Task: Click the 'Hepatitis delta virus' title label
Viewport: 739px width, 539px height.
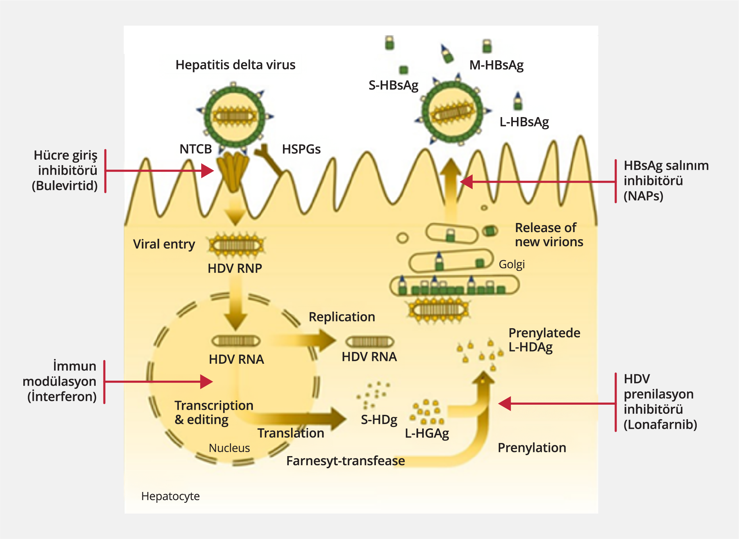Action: (x=235, y=65)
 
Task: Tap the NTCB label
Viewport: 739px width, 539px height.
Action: (x=195, y=149)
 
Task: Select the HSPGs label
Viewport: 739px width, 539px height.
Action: (x=301, y=149)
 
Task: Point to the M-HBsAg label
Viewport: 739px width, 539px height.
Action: (x=496, y=65)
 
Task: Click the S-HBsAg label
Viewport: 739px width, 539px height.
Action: (x=393, y=85)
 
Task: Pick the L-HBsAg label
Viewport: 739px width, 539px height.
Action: (x=524, y=122)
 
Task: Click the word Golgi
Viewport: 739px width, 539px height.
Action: (x=511, y=264)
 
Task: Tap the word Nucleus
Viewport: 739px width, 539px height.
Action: (x=229, y=448)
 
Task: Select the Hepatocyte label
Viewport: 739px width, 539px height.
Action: (x=170, y=496)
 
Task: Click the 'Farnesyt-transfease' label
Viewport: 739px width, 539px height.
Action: (x=345, y=461)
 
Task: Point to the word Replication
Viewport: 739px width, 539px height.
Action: (x=342, y=317)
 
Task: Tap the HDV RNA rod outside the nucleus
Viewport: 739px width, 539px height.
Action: (x=370, y=342)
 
